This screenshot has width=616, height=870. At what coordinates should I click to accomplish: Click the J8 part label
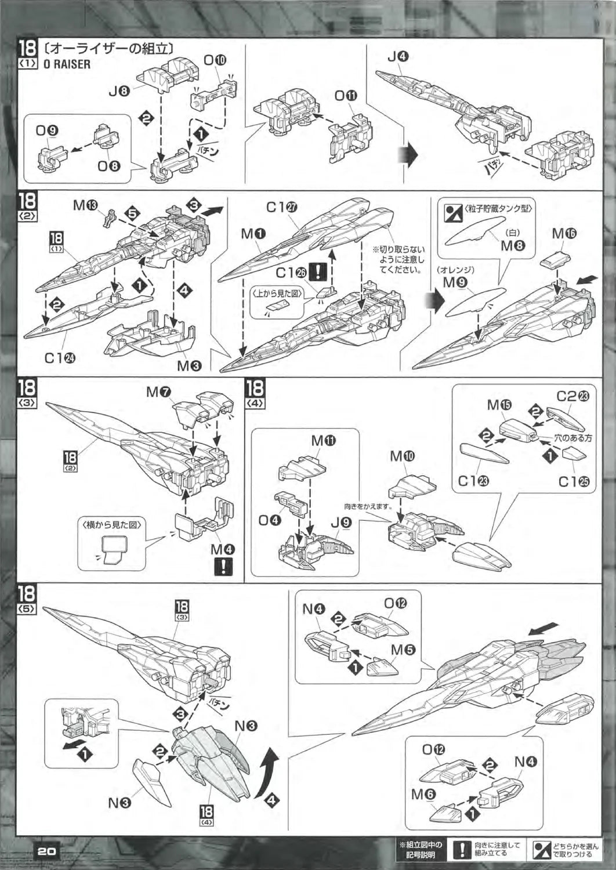pos(120,90)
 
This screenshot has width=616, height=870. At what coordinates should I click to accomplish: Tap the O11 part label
pos(346,96)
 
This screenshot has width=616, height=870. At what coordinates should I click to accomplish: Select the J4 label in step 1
pos(398,57)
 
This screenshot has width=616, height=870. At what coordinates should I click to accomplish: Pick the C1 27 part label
pos(282,207)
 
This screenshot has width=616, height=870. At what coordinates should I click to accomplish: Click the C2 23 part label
pos(572,396)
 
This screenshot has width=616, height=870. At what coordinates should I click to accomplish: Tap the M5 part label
pos(403,650)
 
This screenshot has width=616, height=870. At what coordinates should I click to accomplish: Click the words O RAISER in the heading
pos(67,64)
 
